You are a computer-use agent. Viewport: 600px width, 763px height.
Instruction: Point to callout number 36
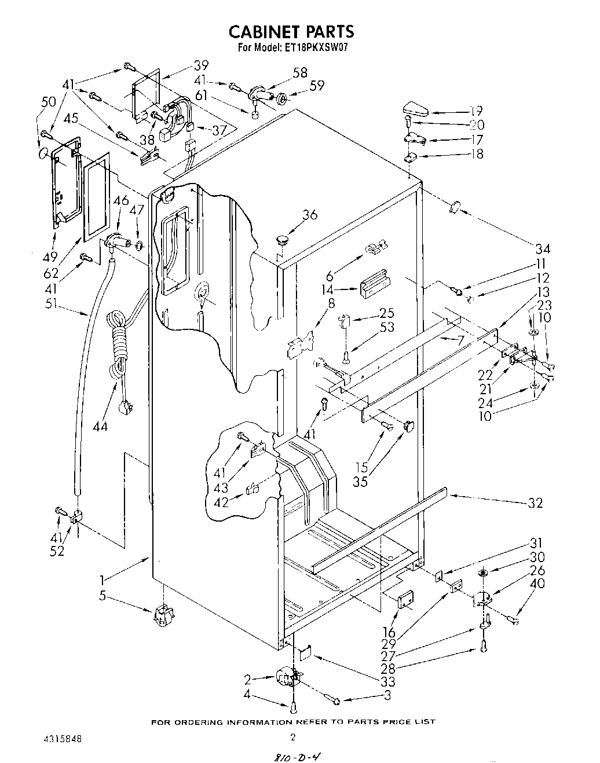click(310, 215)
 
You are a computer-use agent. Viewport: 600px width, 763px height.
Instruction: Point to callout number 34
click(542, 249)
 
